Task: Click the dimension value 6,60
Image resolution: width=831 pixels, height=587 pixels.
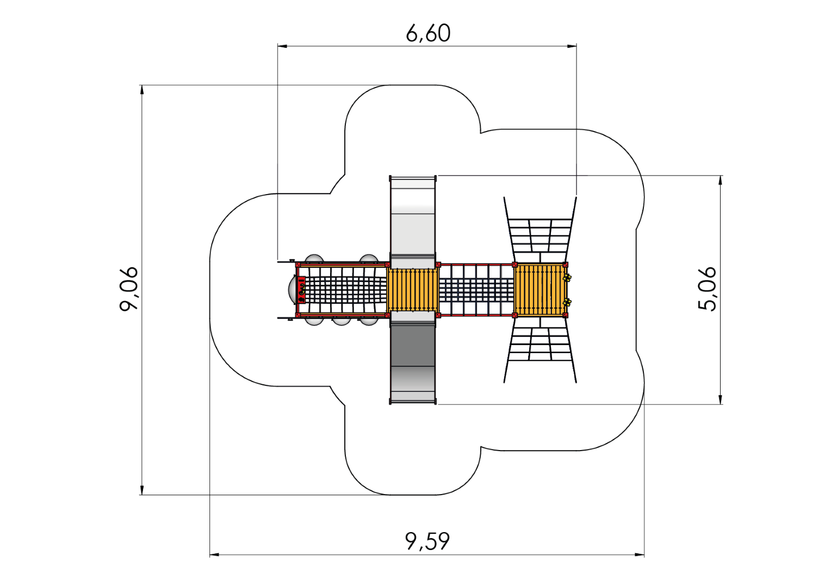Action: tap(428, 33)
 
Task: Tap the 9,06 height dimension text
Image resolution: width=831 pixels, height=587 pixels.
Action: tap(129, 289)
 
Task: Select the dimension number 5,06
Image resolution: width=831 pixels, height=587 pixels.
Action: tap(707, 289)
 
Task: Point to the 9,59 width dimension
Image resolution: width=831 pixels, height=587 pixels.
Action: tap(427, 541)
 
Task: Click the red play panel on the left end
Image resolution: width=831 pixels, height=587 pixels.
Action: tap(301, 290)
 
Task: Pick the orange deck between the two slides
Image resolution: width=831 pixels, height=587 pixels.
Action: tap(413, 290)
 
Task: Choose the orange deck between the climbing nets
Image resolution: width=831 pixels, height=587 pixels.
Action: tap(539, 290)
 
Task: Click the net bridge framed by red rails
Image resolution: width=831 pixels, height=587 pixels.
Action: tap(476, 290)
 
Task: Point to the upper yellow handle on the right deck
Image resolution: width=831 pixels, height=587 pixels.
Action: tap(567, 278)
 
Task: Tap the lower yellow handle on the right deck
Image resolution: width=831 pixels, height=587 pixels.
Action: tap(567, 302)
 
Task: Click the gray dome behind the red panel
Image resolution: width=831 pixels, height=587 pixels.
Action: tap(292, 290)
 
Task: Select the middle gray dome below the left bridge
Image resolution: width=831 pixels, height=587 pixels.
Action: tap(341, 321)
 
